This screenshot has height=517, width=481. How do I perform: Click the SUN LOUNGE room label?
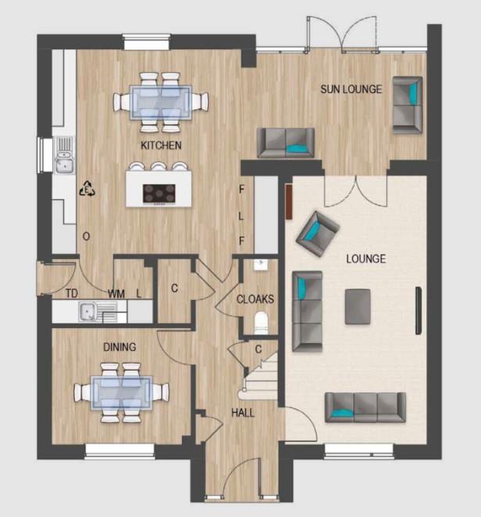351,89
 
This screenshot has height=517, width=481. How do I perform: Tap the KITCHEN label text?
161,146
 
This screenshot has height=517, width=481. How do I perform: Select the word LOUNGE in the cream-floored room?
366,258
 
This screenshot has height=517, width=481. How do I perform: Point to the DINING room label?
120,347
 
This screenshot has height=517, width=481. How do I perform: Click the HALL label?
242,413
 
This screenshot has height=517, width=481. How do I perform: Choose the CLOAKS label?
255,299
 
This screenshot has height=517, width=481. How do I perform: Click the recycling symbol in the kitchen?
88,189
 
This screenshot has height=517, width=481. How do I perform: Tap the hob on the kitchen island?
159,193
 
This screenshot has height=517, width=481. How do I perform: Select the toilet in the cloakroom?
261,323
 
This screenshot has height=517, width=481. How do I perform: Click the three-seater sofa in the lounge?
365,407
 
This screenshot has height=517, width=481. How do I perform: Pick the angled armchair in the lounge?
318,233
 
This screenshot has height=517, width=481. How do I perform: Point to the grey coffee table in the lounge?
357,306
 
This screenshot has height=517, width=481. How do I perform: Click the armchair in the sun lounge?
407,105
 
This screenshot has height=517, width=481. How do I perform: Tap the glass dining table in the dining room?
122,392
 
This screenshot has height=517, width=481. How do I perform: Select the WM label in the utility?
117,294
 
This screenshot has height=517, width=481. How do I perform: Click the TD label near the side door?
72,293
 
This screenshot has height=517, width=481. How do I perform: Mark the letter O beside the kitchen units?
86,237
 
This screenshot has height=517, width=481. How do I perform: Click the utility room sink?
98,312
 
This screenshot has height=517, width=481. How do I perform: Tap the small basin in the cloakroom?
261,265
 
